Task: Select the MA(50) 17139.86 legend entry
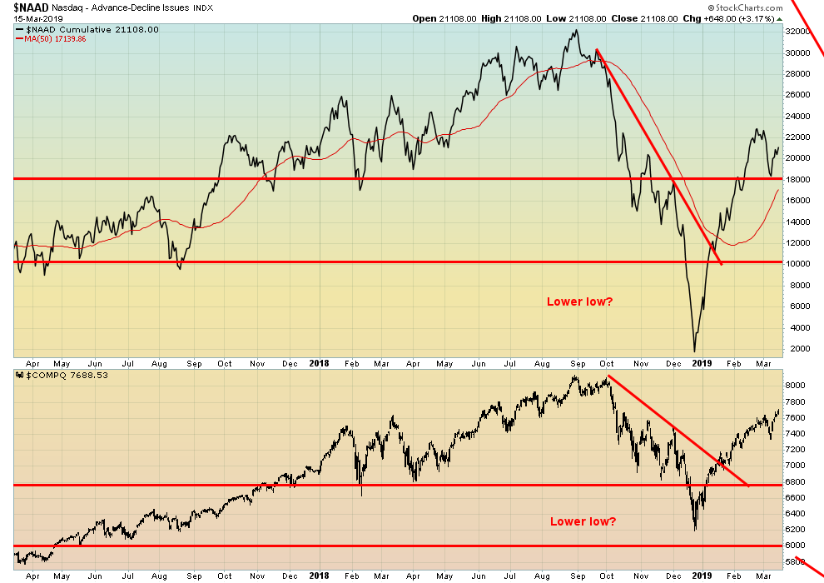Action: (56, 39)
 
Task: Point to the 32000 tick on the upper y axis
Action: (799, 32)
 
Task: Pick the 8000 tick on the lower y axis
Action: (796, 386)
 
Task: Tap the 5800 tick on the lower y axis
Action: (796, 562)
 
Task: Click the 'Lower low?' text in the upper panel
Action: (579, 301)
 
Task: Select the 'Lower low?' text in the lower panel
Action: (583, 521)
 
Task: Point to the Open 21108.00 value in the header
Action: (444, 17)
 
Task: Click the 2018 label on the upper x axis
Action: (320, 363)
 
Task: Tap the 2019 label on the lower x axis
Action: (702, 575)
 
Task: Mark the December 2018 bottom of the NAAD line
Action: (694, 351)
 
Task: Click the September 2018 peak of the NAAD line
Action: (575, 31)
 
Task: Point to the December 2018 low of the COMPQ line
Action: (695, 530)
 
